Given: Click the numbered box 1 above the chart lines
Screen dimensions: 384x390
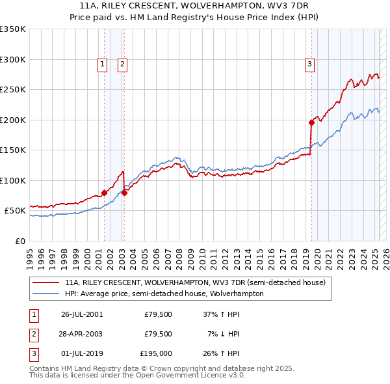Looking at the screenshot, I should coord(103,64).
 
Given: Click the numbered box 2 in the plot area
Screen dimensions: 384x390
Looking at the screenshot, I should coord(122,64).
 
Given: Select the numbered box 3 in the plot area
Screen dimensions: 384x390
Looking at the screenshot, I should coord(309,64).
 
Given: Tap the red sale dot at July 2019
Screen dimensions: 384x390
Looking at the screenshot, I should coord(311,122).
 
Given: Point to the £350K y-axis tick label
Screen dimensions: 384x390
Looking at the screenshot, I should coord(13,29).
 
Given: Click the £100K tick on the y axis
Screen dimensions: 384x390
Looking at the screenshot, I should coord(13,180).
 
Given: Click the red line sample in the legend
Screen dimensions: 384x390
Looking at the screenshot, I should coord(46,282).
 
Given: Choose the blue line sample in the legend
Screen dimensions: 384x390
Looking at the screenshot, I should coord(46,294).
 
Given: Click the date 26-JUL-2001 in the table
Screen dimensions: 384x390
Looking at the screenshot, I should coord(82,314).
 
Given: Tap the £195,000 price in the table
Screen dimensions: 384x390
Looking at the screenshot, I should coord(156,354).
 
